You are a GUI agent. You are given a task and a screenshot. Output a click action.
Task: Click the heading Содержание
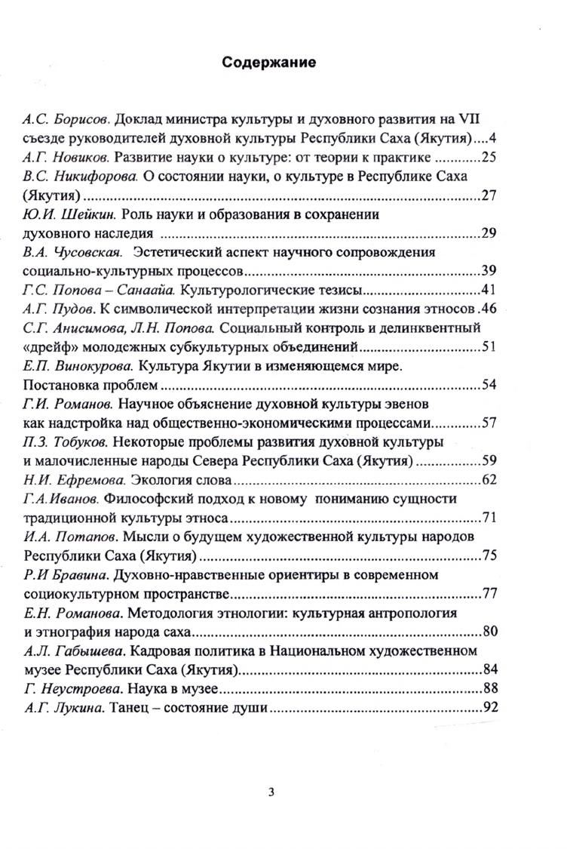point(269,63)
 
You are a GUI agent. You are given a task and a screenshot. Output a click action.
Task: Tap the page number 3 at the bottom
point(271,792)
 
